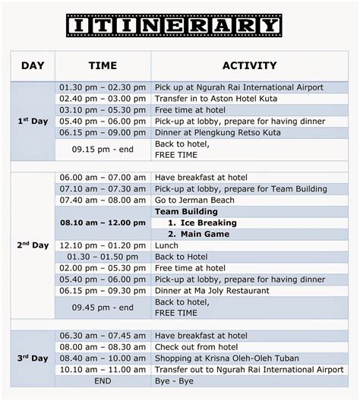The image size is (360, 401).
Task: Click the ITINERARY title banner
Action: point(174,26)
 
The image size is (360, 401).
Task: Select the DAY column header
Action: point(33,66)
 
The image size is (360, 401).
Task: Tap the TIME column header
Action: point(103,66)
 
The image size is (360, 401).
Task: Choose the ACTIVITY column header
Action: point(249,66)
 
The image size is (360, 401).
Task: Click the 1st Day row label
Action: point(33,122)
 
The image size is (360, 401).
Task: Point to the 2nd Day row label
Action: point(33,245)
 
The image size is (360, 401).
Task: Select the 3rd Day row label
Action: point(33,358)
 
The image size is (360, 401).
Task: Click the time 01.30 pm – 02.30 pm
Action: point(103,88)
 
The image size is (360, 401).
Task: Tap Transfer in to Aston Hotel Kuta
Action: point(216,99)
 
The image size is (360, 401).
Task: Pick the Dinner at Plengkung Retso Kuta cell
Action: point(217,133)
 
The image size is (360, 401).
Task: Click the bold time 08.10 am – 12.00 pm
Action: point(103,223)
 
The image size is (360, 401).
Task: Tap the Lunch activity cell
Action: point(168,245)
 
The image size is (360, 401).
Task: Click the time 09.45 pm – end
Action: point(103,307)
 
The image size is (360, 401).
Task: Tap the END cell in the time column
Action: point(103,380)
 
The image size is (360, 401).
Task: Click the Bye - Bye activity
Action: point(175,380)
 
